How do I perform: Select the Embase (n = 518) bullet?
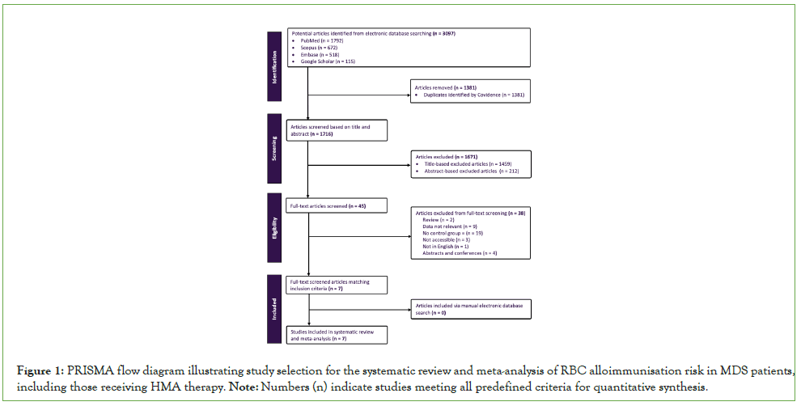pos(316,54)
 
